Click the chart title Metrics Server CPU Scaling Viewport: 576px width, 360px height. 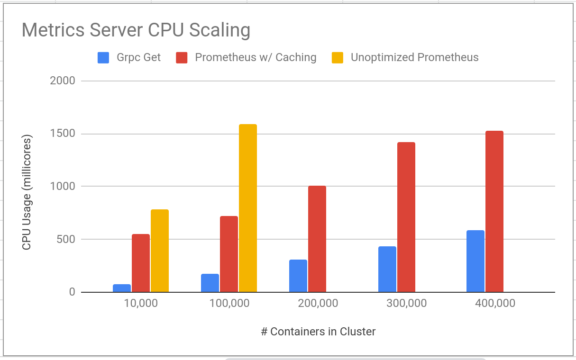click(x=136, y=30)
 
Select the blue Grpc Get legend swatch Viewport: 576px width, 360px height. click(x=103, y=58)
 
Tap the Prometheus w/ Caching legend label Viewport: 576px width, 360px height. click(x=256, y=58)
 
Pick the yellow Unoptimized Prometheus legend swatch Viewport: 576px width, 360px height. click(x=338, y=58)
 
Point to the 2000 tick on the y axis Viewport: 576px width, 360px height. click(x=63, y=81)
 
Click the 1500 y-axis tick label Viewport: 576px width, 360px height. click(x=63, y=134)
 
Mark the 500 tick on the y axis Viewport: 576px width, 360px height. click(x=66, y=239)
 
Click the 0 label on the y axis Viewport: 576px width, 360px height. click(x=72, y=292)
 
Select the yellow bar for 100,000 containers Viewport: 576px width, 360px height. click(x=248, y=208)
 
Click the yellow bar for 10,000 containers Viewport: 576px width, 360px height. click(x=160, y=251)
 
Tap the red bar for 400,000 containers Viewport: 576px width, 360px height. click(x=494, y=211)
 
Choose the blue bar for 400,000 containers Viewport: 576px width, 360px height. click(x=475, y=261)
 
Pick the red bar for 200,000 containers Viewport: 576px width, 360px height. click(x=317, y=239)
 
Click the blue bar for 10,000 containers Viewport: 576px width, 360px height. click(x=122, y=288)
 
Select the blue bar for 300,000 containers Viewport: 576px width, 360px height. click(x=387, y=269)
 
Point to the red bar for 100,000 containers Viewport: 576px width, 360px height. click(x=229, y=254)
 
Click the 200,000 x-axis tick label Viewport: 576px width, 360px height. click(x=318, y=303)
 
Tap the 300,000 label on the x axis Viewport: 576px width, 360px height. click(x=406, y=303)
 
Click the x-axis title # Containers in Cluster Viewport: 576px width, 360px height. click(x=318, y=332)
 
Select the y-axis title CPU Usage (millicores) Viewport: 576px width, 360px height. click(x=27, y=192)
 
